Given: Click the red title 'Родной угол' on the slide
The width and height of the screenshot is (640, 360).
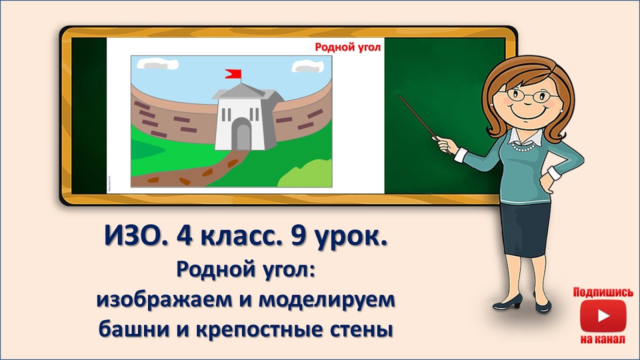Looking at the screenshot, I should [347, 47].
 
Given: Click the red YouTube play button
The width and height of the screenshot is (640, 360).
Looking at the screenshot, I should [603, 316].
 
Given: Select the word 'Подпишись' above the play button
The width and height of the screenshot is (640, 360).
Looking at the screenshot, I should [603, 292].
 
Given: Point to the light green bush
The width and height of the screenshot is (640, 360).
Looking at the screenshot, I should [305, 174].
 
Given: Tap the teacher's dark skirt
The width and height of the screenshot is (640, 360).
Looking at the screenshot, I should [526, 225].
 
